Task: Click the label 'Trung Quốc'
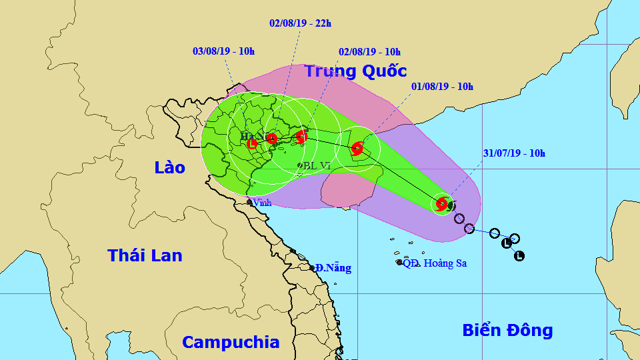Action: pos(356,71)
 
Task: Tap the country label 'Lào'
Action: pos(169,167)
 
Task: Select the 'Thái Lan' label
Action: pos(145,255)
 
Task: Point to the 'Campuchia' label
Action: pos(231,342)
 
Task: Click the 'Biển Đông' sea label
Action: pos(507,329)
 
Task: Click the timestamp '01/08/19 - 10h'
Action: pos(442,86)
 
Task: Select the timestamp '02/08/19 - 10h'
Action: pos(369,51)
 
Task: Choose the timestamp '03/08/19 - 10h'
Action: pos(223,51)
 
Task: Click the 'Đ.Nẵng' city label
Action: pos(333,268)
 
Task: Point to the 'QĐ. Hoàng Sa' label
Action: pos(435,263)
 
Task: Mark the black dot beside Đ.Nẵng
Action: pos(312,268)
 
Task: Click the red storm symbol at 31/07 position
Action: pos(441,203)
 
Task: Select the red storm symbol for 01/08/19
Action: pos(357,148)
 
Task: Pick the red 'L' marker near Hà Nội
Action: pos(251,143)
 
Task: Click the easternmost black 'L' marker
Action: pos(519,255)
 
